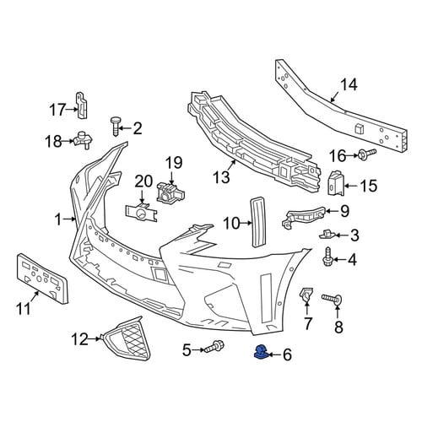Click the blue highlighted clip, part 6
(x=261, y=352)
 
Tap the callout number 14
(x=349, y=84)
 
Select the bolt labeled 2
(x=115, y=126)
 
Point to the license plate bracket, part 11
(x=43, y=279)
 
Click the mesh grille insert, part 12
(x=125, y=338)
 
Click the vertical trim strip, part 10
(x=258, y=222)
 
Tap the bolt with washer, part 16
(x=367, y=154)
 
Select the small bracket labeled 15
(x=336, y=183)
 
